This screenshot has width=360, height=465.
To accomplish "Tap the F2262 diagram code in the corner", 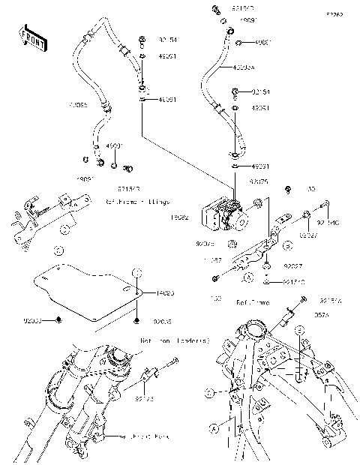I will tap(334, 14).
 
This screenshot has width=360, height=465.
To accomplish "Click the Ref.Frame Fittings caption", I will tap(137, 202).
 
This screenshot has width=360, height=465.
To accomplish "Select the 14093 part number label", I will tap(166, 294).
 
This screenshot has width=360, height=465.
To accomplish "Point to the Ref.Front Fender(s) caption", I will tap(175, 340).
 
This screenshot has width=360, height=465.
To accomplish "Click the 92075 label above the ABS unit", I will tap(259, 181).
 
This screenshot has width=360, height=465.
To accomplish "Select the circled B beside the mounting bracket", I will tap(286, 245).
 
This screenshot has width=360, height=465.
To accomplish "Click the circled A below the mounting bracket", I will tap(248, 277).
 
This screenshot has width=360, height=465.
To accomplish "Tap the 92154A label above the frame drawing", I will tap(330, 298).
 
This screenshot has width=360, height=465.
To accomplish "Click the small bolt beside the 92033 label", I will tap(59, 320).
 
